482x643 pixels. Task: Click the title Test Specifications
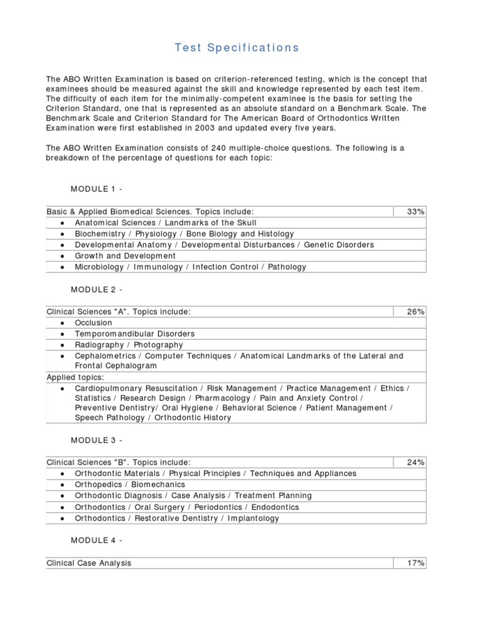click(x=237, y=48)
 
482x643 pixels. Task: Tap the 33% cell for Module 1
click(x=415, y=212)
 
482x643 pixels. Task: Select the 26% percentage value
click(x=415, y=311)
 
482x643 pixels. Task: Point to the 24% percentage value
click(x=415, y=463)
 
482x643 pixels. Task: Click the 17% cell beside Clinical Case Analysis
click(x=415, y=563)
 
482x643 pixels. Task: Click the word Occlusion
click(x=94, y=323)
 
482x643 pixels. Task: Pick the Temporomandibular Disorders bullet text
click(x=135, y=334)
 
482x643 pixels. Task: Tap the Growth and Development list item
click(x=126, y=256)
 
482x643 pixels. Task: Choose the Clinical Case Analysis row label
click(x=89, y=563)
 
